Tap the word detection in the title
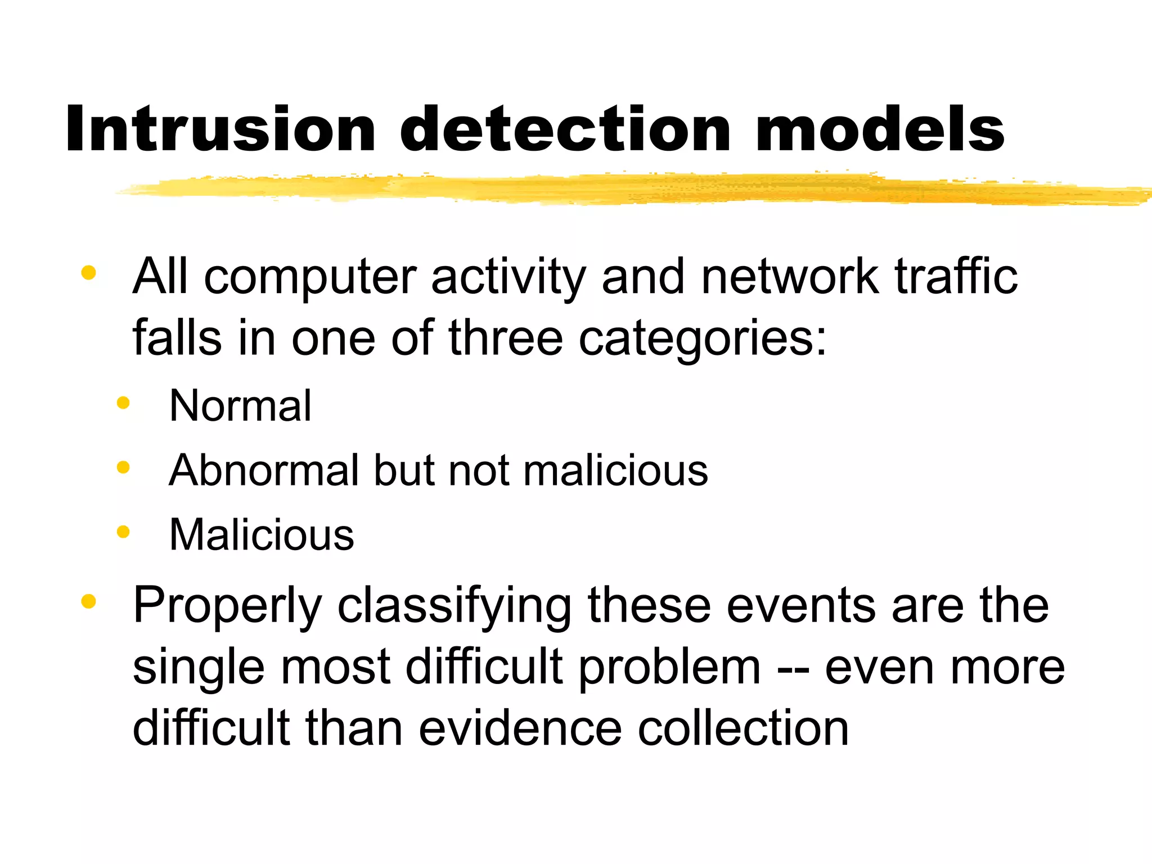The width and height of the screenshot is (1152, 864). (565, 129)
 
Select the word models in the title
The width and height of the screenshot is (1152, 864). (880, 129)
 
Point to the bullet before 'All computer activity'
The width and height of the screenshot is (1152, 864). (88, 273)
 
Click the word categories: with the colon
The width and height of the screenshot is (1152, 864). (703, 340)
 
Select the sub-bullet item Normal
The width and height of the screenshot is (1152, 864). (240, 406)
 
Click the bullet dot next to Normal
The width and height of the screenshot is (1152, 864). (123, 403)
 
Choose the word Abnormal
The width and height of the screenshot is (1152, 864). (264, 470)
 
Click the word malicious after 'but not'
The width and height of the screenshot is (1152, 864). (615, 470)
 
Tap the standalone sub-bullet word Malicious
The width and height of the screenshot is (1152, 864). (262, 534)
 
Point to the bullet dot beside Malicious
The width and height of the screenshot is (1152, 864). (123, 532)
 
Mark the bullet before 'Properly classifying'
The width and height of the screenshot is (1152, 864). (88, 602)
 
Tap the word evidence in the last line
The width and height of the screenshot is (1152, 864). (520, 729)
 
